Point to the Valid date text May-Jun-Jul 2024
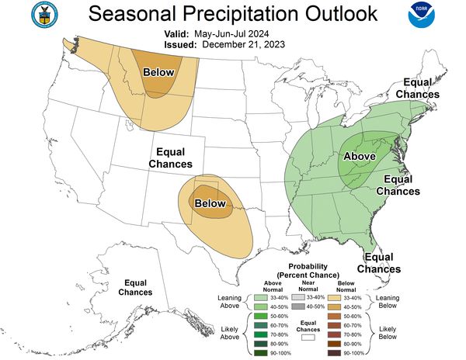click(x=236, y=33)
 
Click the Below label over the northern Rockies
click(x=158, y=72)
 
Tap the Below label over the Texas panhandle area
click(x=210, y=204)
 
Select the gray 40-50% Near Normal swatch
click(x=304, y=307)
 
